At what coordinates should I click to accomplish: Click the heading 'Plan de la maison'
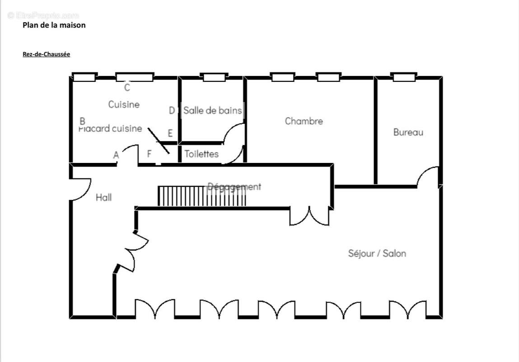coord(54,25)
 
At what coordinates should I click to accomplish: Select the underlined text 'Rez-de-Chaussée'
coord(46,54)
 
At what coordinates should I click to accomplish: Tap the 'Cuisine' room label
coord(124,105)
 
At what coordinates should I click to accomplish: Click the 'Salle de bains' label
coord(212,110)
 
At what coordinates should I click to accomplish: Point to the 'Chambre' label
coord(304,121)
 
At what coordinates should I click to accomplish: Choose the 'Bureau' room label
coord(408,133)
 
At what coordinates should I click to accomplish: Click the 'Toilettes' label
coord(201,154)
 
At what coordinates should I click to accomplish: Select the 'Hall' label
coord(103,197)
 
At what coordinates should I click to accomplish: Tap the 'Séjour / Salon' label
coord(377,253)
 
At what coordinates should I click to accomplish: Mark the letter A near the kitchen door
coord(116,155)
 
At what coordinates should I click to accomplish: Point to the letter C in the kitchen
coord(127,88)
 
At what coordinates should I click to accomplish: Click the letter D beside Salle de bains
coord(172,110)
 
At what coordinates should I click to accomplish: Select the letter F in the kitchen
coord(149,154)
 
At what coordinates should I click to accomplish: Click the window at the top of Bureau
coord(404,77)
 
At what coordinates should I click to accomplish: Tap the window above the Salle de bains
coord(214,77)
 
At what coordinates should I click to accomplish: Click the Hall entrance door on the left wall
coord(81,190)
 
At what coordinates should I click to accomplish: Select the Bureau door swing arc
coord(428,176)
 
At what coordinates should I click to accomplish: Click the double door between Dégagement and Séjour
coord(309,216)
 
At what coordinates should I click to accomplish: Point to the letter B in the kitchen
coord(82,121)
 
